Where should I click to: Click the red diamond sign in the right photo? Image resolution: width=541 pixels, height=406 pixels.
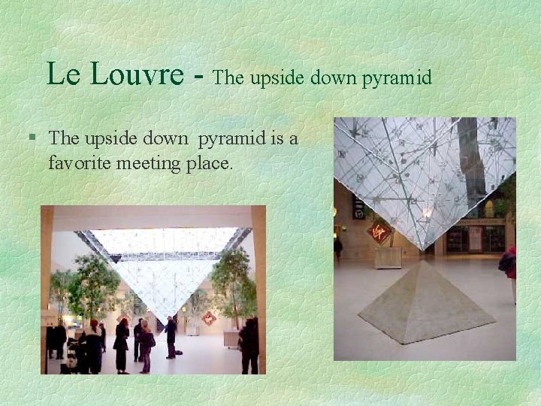point(380,232)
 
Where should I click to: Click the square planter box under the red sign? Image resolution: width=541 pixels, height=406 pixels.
point(388,256)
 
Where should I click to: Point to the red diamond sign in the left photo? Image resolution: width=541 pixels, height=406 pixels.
point(208,318)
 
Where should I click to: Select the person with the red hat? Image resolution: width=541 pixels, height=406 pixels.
point(93,346)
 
